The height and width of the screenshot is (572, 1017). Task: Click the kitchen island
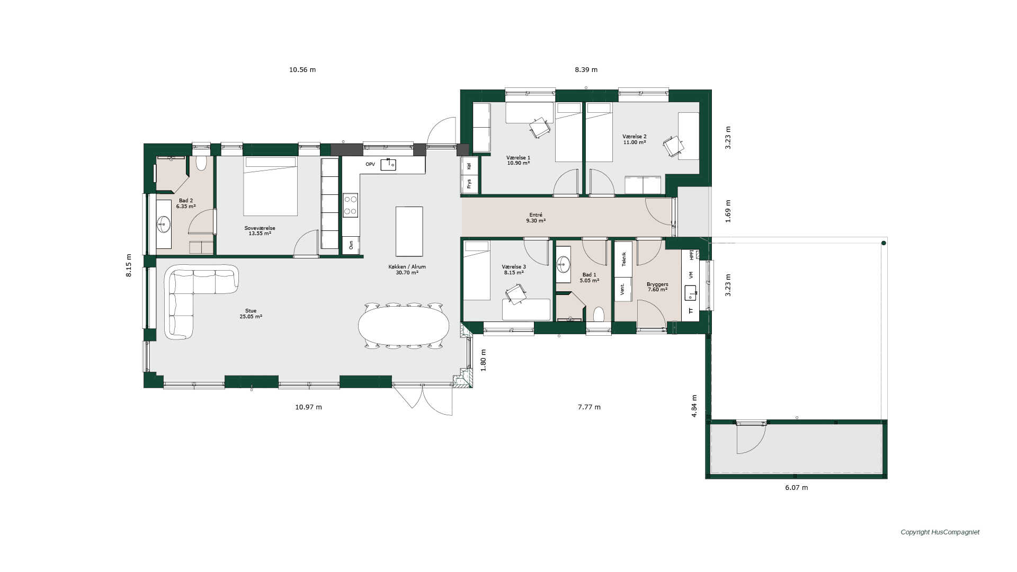[409, 231]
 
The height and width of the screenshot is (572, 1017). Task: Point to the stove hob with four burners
[350, 205]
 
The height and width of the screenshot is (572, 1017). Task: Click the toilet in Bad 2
[201, 162]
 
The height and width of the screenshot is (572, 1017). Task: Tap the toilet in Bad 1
[599, 315]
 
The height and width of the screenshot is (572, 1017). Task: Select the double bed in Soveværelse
[270, 186]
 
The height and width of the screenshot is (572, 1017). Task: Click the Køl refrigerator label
[469, 166]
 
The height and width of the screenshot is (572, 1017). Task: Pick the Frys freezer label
[469, 184]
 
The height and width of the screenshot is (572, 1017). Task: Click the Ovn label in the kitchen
[351, 245]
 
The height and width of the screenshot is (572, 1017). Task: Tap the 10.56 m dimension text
[302, 69]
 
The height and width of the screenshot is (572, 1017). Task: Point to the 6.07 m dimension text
[797, 488]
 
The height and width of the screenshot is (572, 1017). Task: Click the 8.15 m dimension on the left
[129, 266]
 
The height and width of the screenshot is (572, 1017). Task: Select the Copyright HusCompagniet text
[940, 532]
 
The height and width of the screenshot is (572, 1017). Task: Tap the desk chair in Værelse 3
[515, 294]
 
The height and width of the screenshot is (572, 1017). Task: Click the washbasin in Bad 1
[563, 263]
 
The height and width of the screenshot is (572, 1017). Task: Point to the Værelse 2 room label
[634, 139]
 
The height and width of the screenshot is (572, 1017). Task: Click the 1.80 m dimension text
[483, 360]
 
